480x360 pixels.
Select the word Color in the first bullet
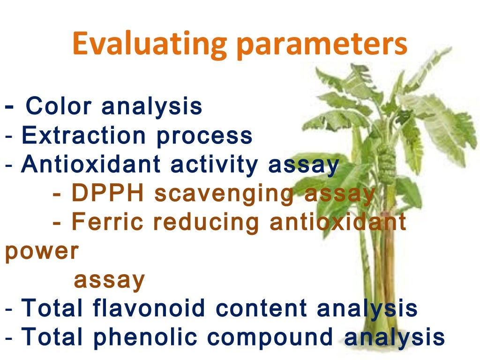[59, 106]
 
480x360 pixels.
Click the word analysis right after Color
[152, 107]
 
